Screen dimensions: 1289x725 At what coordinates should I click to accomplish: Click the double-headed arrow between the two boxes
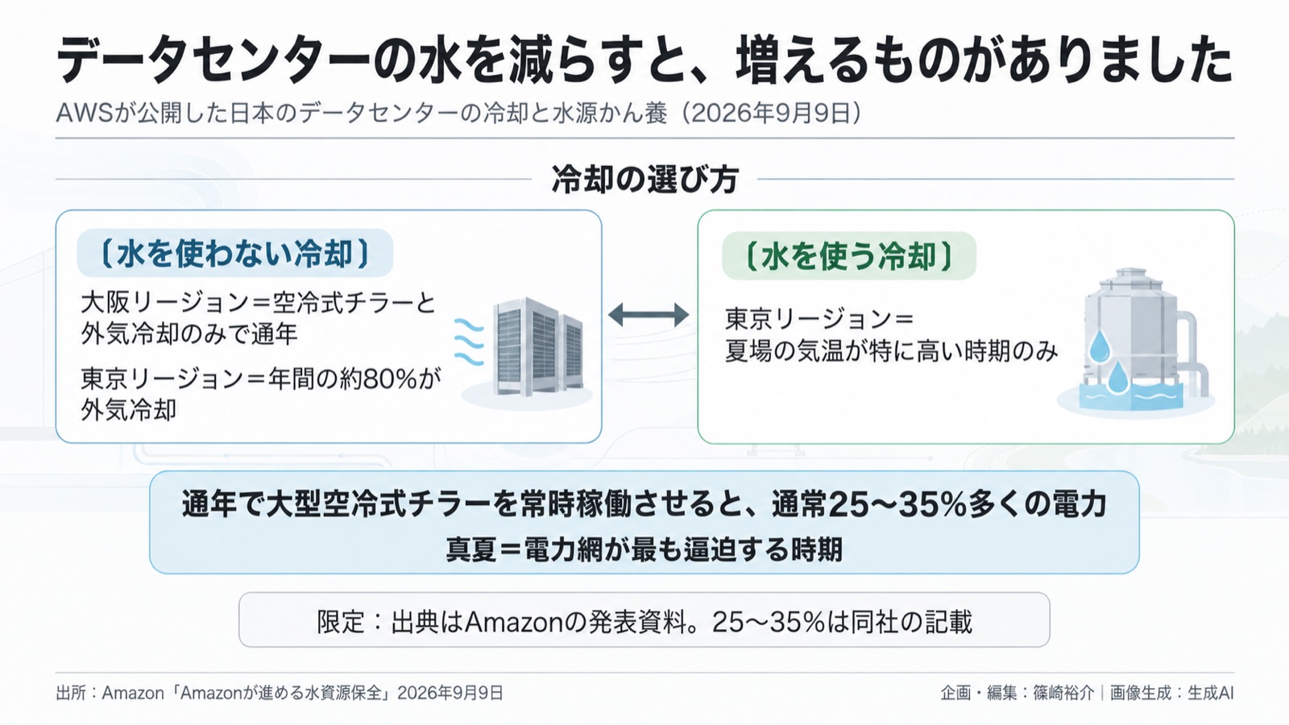coord(649,315)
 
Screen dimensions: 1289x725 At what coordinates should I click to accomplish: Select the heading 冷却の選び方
coord(645,179)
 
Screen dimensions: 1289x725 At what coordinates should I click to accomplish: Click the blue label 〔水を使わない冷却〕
coord(234,253)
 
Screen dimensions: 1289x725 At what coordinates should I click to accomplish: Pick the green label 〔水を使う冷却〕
coord(849,256)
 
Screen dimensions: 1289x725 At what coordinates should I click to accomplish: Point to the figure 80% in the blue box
coord(390,379)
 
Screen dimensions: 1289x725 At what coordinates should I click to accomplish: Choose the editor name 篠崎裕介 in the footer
coord(1063,693)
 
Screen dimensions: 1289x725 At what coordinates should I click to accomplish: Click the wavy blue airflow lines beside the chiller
coord(469,343)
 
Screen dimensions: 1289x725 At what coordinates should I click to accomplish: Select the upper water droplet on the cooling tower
coord(1099,346)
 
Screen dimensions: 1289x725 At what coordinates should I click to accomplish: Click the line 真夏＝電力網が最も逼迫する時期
coord(644,549)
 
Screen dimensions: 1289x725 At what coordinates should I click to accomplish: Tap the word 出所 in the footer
coord(71,693)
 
